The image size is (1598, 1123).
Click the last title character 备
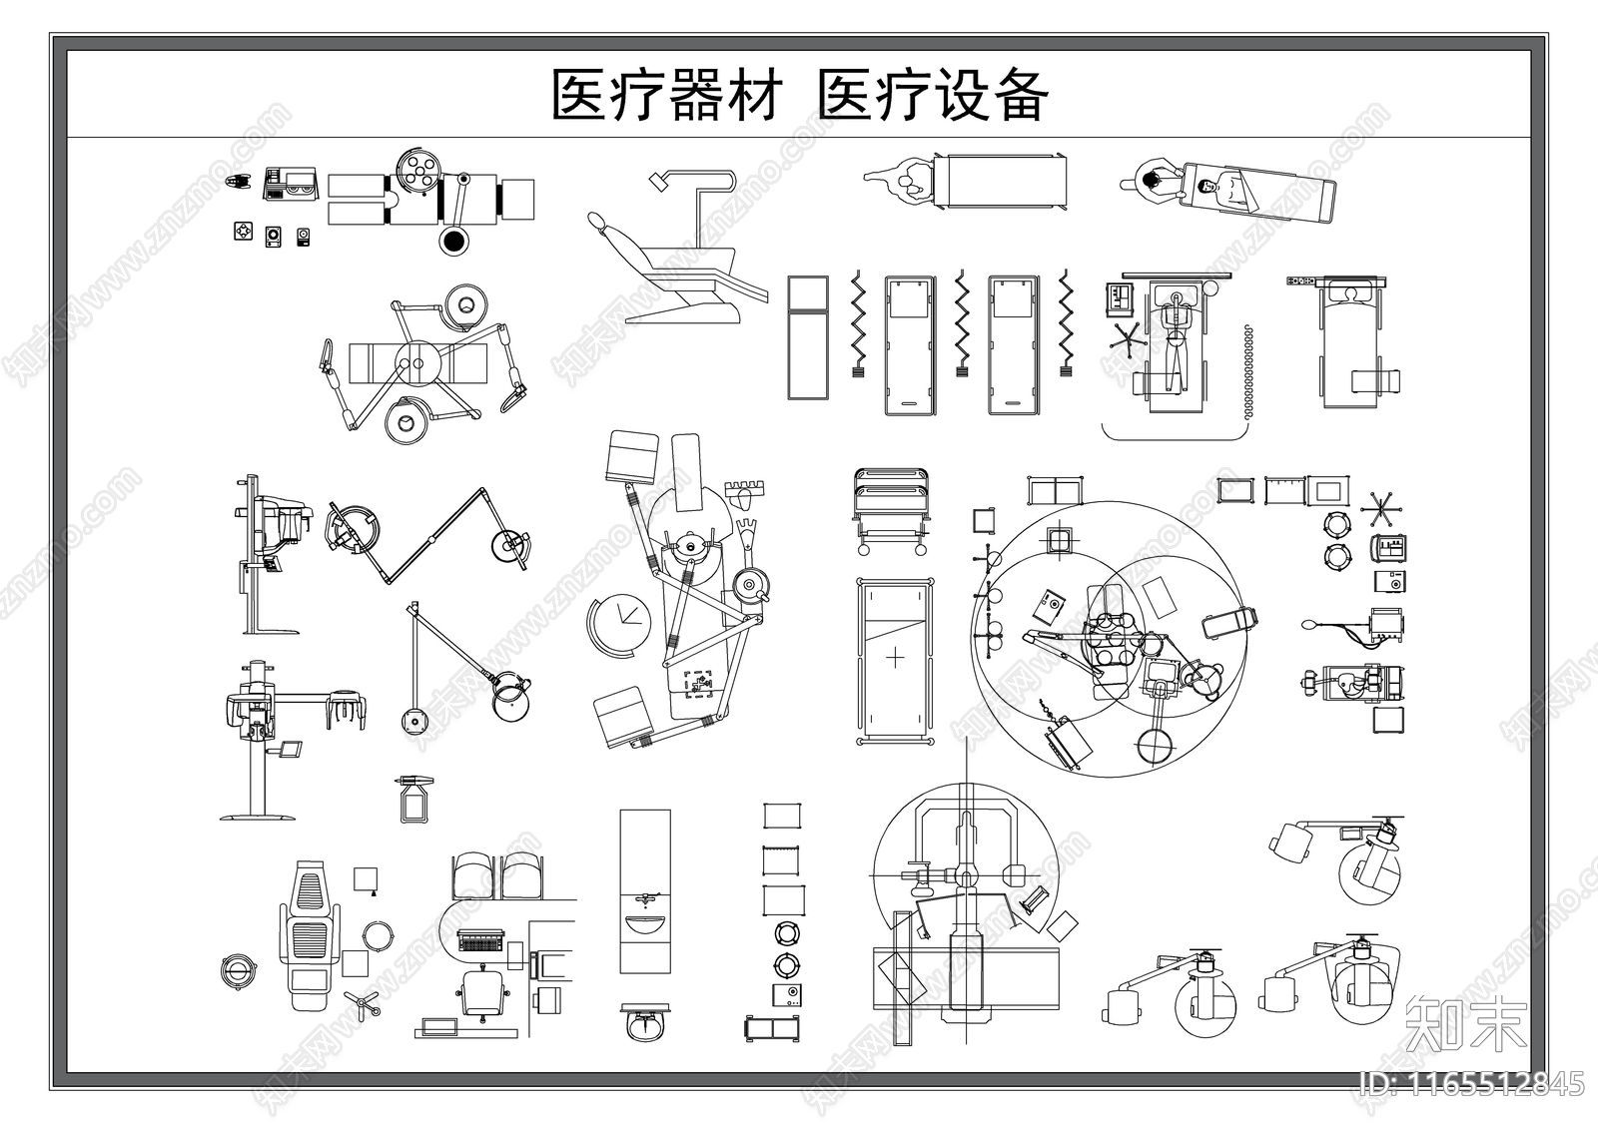click(1020, 96)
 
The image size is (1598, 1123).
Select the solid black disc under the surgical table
click(453, 241)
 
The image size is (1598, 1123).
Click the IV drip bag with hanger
click(414, 799)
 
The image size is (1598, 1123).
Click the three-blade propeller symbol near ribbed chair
click(362, 1003)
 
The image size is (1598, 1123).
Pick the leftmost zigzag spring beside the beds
click(857, 319)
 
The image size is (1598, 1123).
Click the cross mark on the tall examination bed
click(896, 658)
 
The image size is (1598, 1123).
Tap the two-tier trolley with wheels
click(892, 509)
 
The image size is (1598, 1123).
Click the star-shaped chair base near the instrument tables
click(1381, 510)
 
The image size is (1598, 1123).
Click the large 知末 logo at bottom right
click(1465, 1023)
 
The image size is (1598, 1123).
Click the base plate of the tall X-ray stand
click(261, 818)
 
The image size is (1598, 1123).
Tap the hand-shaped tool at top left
click(238, 182)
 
